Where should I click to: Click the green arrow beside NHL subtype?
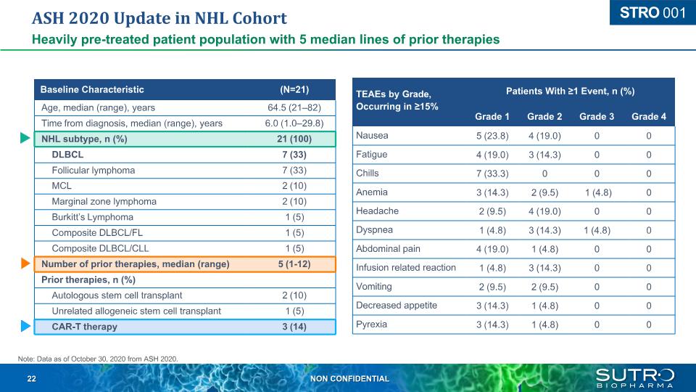tap(25, 139)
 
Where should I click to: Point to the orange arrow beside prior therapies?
tap(25, 264)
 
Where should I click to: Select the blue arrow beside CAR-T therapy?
tap(25, 327)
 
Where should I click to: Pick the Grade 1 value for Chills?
tap(492, 173)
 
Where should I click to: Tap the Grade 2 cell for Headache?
tap(544, 211)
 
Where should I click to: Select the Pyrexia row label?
tap(371, 324)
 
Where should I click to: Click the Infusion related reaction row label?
tap(406, 267)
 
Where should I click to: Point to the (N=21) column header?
tap(294, 90)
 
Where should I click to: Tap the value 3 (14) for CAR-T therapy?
tap(294, 327)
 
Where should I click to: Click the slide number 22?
tap(32, 379)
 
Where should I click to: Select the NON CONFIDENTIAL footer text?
tap(349, 379)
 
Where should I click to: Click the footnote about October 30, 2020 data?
tap(97, 358)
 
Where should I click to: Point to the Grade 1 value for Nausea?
tap(492, 136)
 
